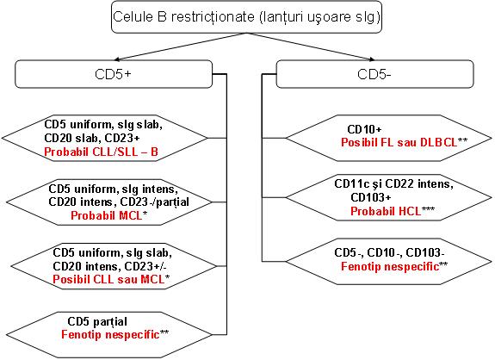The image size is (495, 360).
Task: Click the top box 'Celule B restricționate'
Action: (246, 17)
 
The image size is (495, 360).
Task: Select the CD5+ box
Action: (114, 74)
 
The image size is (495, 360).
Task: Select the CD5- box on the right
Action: (374, 74)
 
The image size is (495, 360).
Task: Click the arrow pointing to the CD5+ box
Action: (180, 47)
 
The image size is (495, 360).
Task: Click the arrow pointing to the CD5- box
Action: (311, 47)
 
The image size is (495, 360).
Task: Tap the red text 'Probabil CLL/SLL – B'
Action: (101, 152)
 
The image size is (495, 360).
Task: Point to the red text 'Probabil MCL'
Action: (107, 215)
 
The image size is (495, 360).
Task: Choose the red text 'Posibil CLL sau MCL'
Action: (108, 279)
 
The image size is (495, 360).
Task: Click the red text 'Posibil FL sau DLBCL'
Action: (399, 142)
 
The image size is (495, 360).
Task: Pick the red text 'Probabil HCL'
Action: (386, 211)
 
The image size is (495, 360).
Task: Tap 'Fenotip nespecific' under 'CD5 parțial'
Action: (110, 334)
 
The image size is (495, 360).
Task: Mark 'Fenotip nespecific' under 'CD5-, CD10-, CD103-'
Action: (390, 266)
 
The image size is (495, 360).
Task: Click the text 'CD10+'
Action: (364, 129)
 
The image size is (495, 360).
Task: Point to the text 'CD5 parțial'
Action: (97, 321)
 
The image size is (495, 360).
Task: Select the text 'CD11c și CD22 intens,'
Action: (394, 183)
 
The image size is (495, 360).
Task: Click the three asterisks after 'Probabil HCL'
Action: (429, 208)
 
